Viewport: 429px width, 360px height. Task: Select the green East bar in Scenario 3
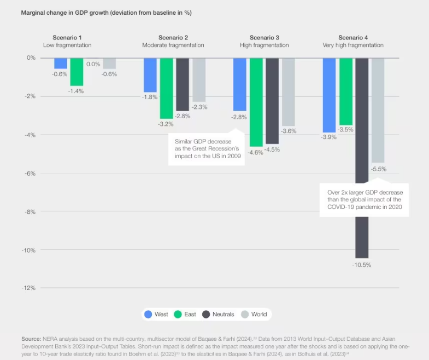[x=256, y=102]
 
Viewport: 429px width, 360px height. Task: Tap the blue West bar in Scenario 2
[x=150, y=75]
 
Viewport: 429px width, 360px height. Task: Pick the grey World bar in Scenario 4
[x=378, y=110]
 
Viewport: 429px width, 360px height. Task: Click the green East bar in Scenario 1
[x=77, y=71]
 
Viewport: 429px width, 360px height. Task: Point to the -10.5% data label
[x=362, y=265]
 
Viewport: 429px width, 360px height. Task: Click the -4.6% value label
[x=256, y=153]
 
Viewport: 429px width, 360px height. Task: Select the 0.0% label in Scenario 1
[x=93, y=64]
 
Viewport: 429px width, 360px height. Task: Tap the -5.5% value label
[x=378, y=169]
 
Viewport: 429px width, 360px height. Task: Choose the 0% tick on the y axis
[x=30, y=58]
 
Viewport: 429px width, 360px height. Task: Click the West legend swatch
[x=148, y=314]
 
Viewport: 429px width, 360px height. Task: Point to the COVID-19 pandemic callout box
[x=365, y=200]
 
